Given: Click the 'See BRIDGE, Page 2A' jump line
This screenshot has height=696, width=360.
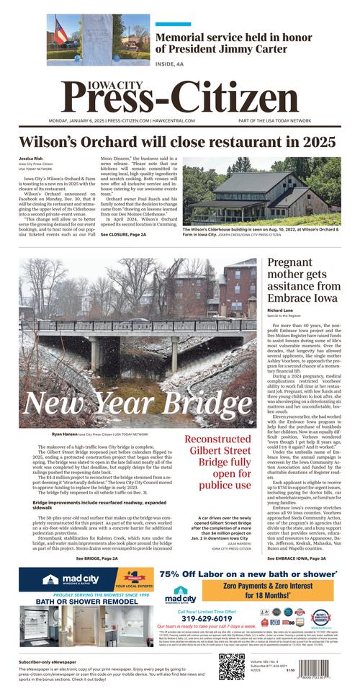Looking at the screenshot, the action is coord(97,558).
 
